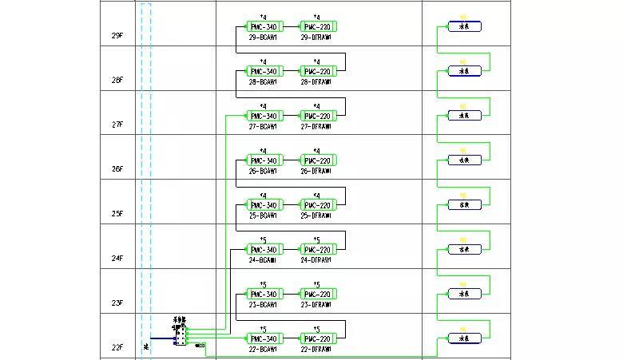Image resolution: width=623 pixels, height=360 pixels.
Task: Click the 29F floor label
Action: [117, 37]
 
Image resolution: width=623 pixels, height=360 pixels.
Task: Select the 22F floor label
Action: [117, 347]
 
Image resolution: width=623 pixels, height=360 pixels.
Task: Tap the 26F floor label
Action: [117, 170]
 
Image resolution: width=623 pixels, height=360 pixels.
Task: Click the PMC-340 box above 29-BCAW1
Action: [263, 27]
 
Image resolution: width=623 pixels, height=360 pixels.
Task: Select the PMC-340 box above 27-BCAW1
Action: [263, 117]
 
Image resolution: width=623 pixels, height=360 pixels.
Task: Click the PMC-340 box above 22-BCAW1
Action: [263, 338]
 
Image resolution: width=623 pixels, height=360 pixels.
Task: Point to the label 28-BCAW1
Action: [263, 81]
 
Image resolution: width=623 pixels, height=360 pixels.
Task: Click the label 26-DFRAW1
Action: [316, 171]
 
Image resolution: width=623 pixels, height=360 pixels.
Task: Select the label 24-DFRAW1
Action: [316, 259]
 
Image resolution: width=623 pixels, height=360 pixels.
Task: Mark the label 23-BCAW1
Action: [263, 304]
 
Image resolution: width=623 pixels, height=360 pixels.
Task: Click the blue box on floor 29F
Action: [464, 26]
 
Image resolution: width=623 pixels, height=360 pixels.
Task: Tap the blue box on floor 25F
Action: [464, 204]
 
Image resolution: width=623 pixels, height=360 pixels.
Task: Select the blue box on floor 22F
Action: [464, 338]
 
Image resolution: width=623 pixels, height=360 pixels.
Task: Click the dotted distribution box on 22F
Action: [181, 335]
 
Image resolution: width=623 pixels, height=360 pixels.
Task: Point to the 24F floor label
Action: [117, 259]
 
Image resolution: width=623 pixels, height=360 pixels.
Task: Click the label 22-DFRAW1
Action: [316, 349]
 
